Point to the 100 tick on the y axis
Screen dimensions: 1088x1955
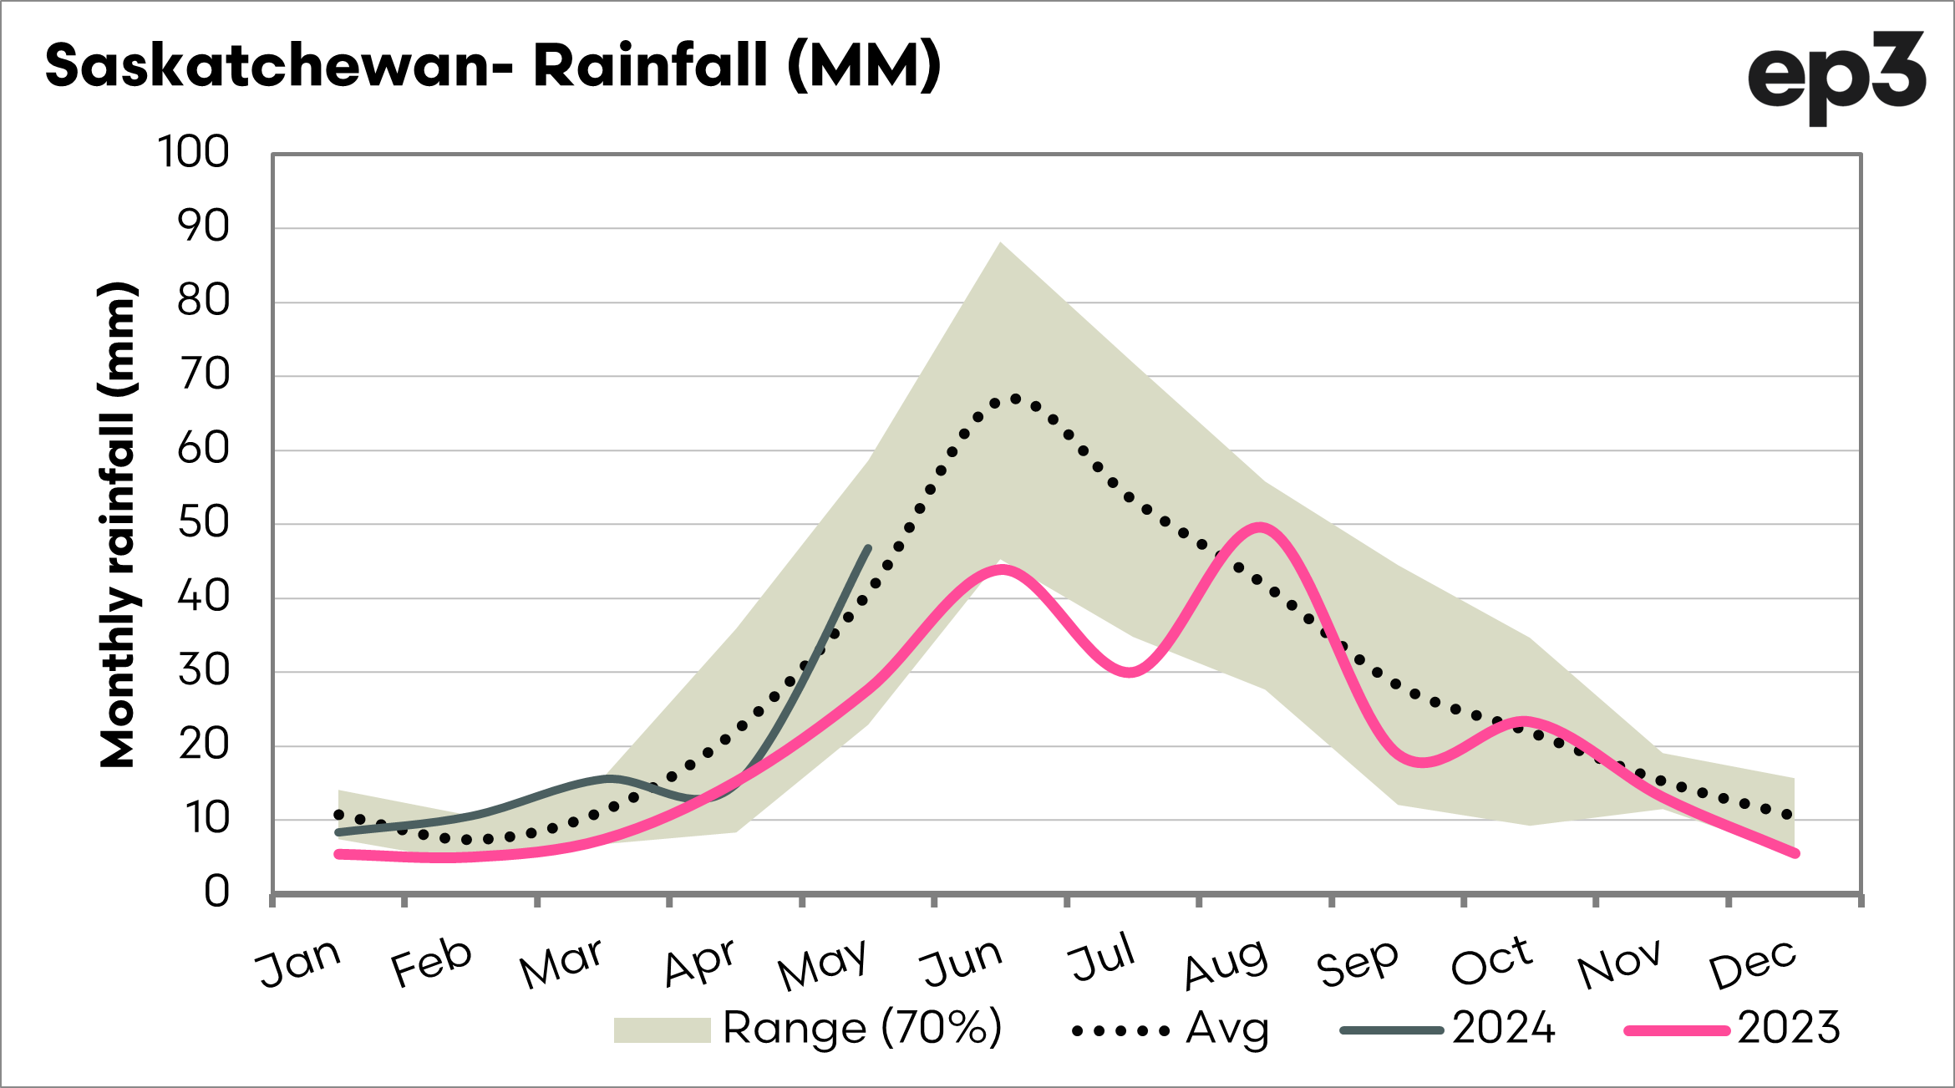pos(193,153)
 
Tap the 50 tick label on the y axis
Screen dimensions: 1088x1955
pos(203,524)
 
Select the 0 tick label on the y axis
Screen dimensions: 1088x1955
pos(216,892)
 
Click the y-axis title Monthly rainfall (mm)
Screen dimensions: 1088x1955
pos(117,524)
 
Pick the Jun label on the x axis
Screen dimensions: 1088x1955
pos(961,963)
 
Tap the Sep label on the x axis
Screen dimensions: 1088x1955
pos(1358,963)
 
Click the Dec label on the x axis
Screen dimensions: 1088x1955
pos(1753,963)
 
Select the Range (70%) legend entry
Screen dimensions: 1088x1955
pos(808,1029)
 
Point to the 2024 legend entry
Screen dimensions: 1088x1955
pos(1448,1029)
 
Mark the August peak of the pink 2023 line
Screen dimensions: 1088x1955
pos(1260,526)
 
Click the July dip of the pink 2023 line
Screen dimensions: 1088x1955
pos(1130,672)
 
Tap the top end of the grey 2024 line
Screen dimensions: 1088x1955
pos(869,548)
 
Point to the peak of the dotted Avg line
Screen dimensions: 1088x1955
pos(1014,399)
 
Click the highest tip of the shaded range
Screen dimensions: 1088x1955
pos(1000,242)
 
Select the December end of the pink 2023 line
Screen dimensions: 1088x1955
pos(1795,853)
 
